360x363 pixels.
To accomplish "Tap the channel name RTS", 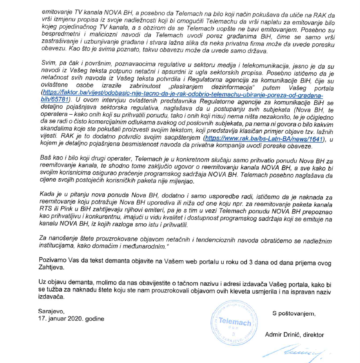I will (48, 209).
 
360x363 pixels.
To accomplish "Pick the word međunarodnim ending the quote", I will (139, 245).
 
